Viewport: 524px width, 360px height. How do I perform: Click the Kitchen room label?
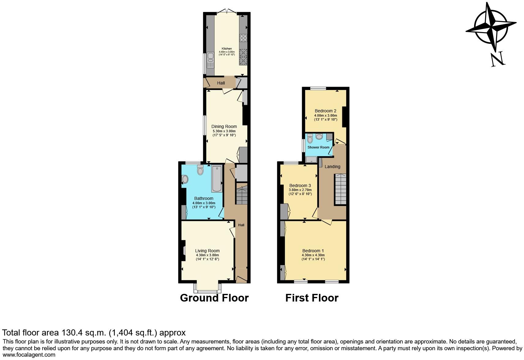226,49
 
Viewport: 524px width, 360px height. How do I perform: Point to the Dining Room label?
224,126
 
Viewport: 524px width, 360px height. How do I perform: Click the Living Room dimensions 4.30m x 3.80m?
207,255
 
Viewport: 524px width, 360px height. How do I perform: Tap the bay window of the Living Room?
207,287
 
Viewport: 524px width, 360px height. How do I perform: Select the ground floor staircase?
241,196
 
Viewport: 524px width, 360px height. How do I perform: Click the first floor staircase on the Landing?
340,189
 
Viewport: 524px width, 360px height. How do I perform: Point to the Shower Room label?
318,147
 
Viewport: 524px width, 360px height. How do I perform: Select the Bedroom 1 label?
313,251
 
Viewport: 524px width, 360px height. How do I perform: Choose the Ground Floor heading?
214,298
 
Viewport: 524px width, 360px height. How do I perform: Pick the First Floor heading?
312,298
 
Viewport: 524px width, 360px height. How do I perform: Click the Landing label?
332,167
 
